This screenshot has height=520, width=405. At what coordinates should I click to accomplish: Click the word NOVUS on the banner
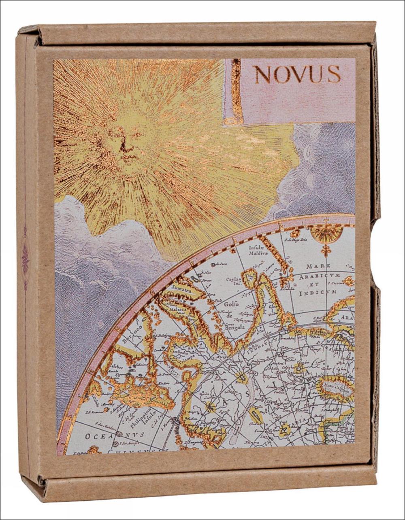297,74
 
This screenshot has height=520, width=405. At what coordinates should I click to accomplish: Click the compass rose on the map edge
323,234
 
